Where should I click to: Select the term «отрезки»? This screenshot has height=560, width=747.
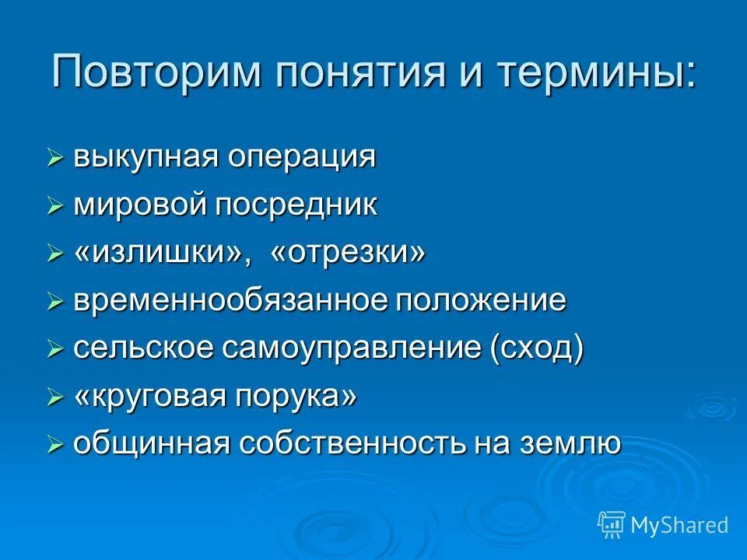tap(349, 254)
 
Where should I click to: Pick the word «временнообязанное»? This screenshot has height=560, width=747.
tap(231, 301)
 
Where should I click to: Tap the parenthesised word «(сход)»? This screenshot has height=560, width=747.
tap(536, 348)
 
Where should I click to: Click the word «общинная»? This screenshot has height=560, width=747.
tap(151, 444)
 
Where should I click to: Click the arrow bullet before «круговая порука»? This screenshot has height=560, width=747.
tap(54, 398)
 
